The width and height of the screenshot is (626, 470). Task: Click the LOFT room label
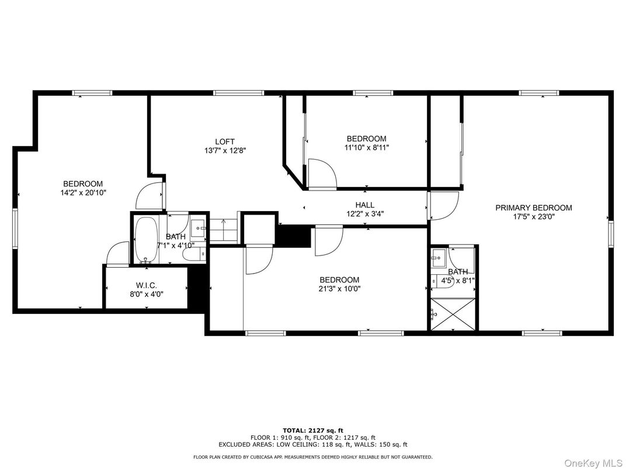click(225, 141)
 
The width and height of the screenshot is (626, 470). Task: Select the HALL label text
click(365, 205)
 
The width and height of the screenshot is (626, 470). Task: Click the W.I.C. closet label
click(145, 285)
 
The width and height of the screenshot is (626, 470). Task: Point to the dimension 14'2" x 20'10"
click(83, 192)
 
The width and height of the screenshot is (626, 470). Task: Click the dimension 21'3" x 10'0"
click(339, 288)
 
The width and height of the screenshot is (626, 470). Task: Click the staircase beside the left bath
click(224, 230)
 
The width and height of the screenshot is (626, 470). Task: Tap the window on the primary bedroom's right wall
click(611, 233)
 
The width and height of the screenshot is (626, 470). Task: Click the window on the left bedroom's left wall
click(16, 228)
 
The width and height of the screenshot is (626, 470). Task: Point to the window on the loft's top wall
click(238, 92)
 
